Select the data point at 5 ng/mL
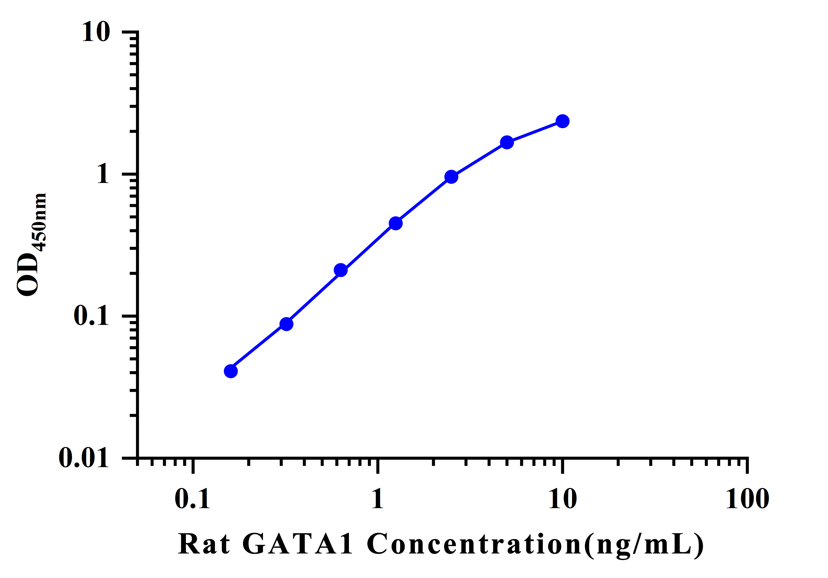pyautogui.click(x=507, y=142)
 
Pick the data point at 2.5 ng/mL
pyautogui.click(x=451, y=177)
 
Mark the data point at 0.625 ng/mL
pyautogui.click(x=340, y=270)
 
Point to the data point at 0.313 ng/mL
pyautogui.click(x=286, y=324)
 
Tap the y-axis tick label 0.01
pyautogui.click(x=84, y=458)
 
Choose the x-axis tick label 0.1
pyautogui.click(x=192, y=499)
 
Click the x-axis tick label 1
pyautogui.click(x=377, y=499)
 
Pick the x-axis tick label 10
pyautogui.click(x=562, y=499)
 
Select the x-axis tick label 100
pyautogui.click(x=747, y=499)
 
